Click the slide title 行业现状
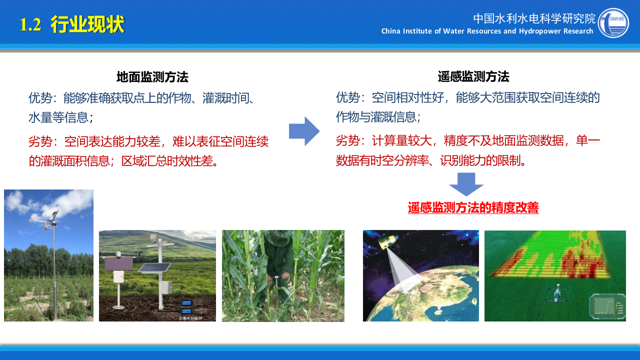tap(87, 24)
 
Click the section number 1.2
tap(30, 25)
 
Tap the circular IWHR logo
tap(613, 23)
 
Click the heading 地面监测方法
tap(152, 77)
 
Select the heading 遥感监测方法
tap(473, 76)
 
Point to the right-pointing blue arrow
tap(304, 131)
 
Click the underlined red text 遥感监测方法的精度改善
tap(473, 207)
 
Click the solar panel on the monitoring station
tap(154, 267)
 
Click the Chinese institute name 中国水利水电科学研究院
tap(534, 19)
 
